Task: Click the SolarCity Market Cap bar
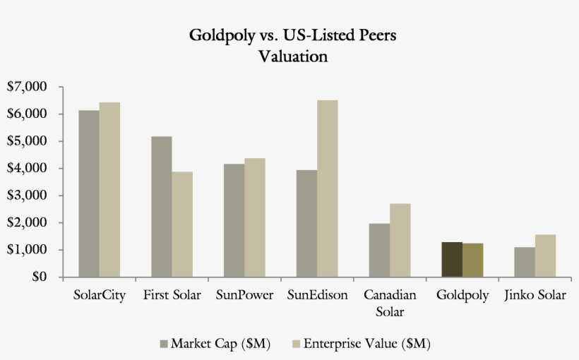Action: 89,193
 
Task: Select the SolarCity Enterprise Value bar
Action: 109,189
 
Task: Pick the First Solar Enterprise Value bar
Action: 182,224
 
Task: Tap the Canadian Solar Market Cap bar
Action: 379,250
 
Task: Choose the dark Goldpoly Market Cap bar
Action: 452,259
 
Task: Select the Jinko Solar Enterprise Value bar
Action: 545,256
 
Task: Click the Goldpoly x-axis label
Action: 462,295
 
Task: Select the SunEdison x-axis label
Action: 317,295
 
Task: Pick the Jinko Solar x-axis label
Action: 535,295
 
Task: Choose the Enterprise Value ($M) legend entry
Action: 360,344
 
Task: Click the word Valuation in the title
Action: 293,56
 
